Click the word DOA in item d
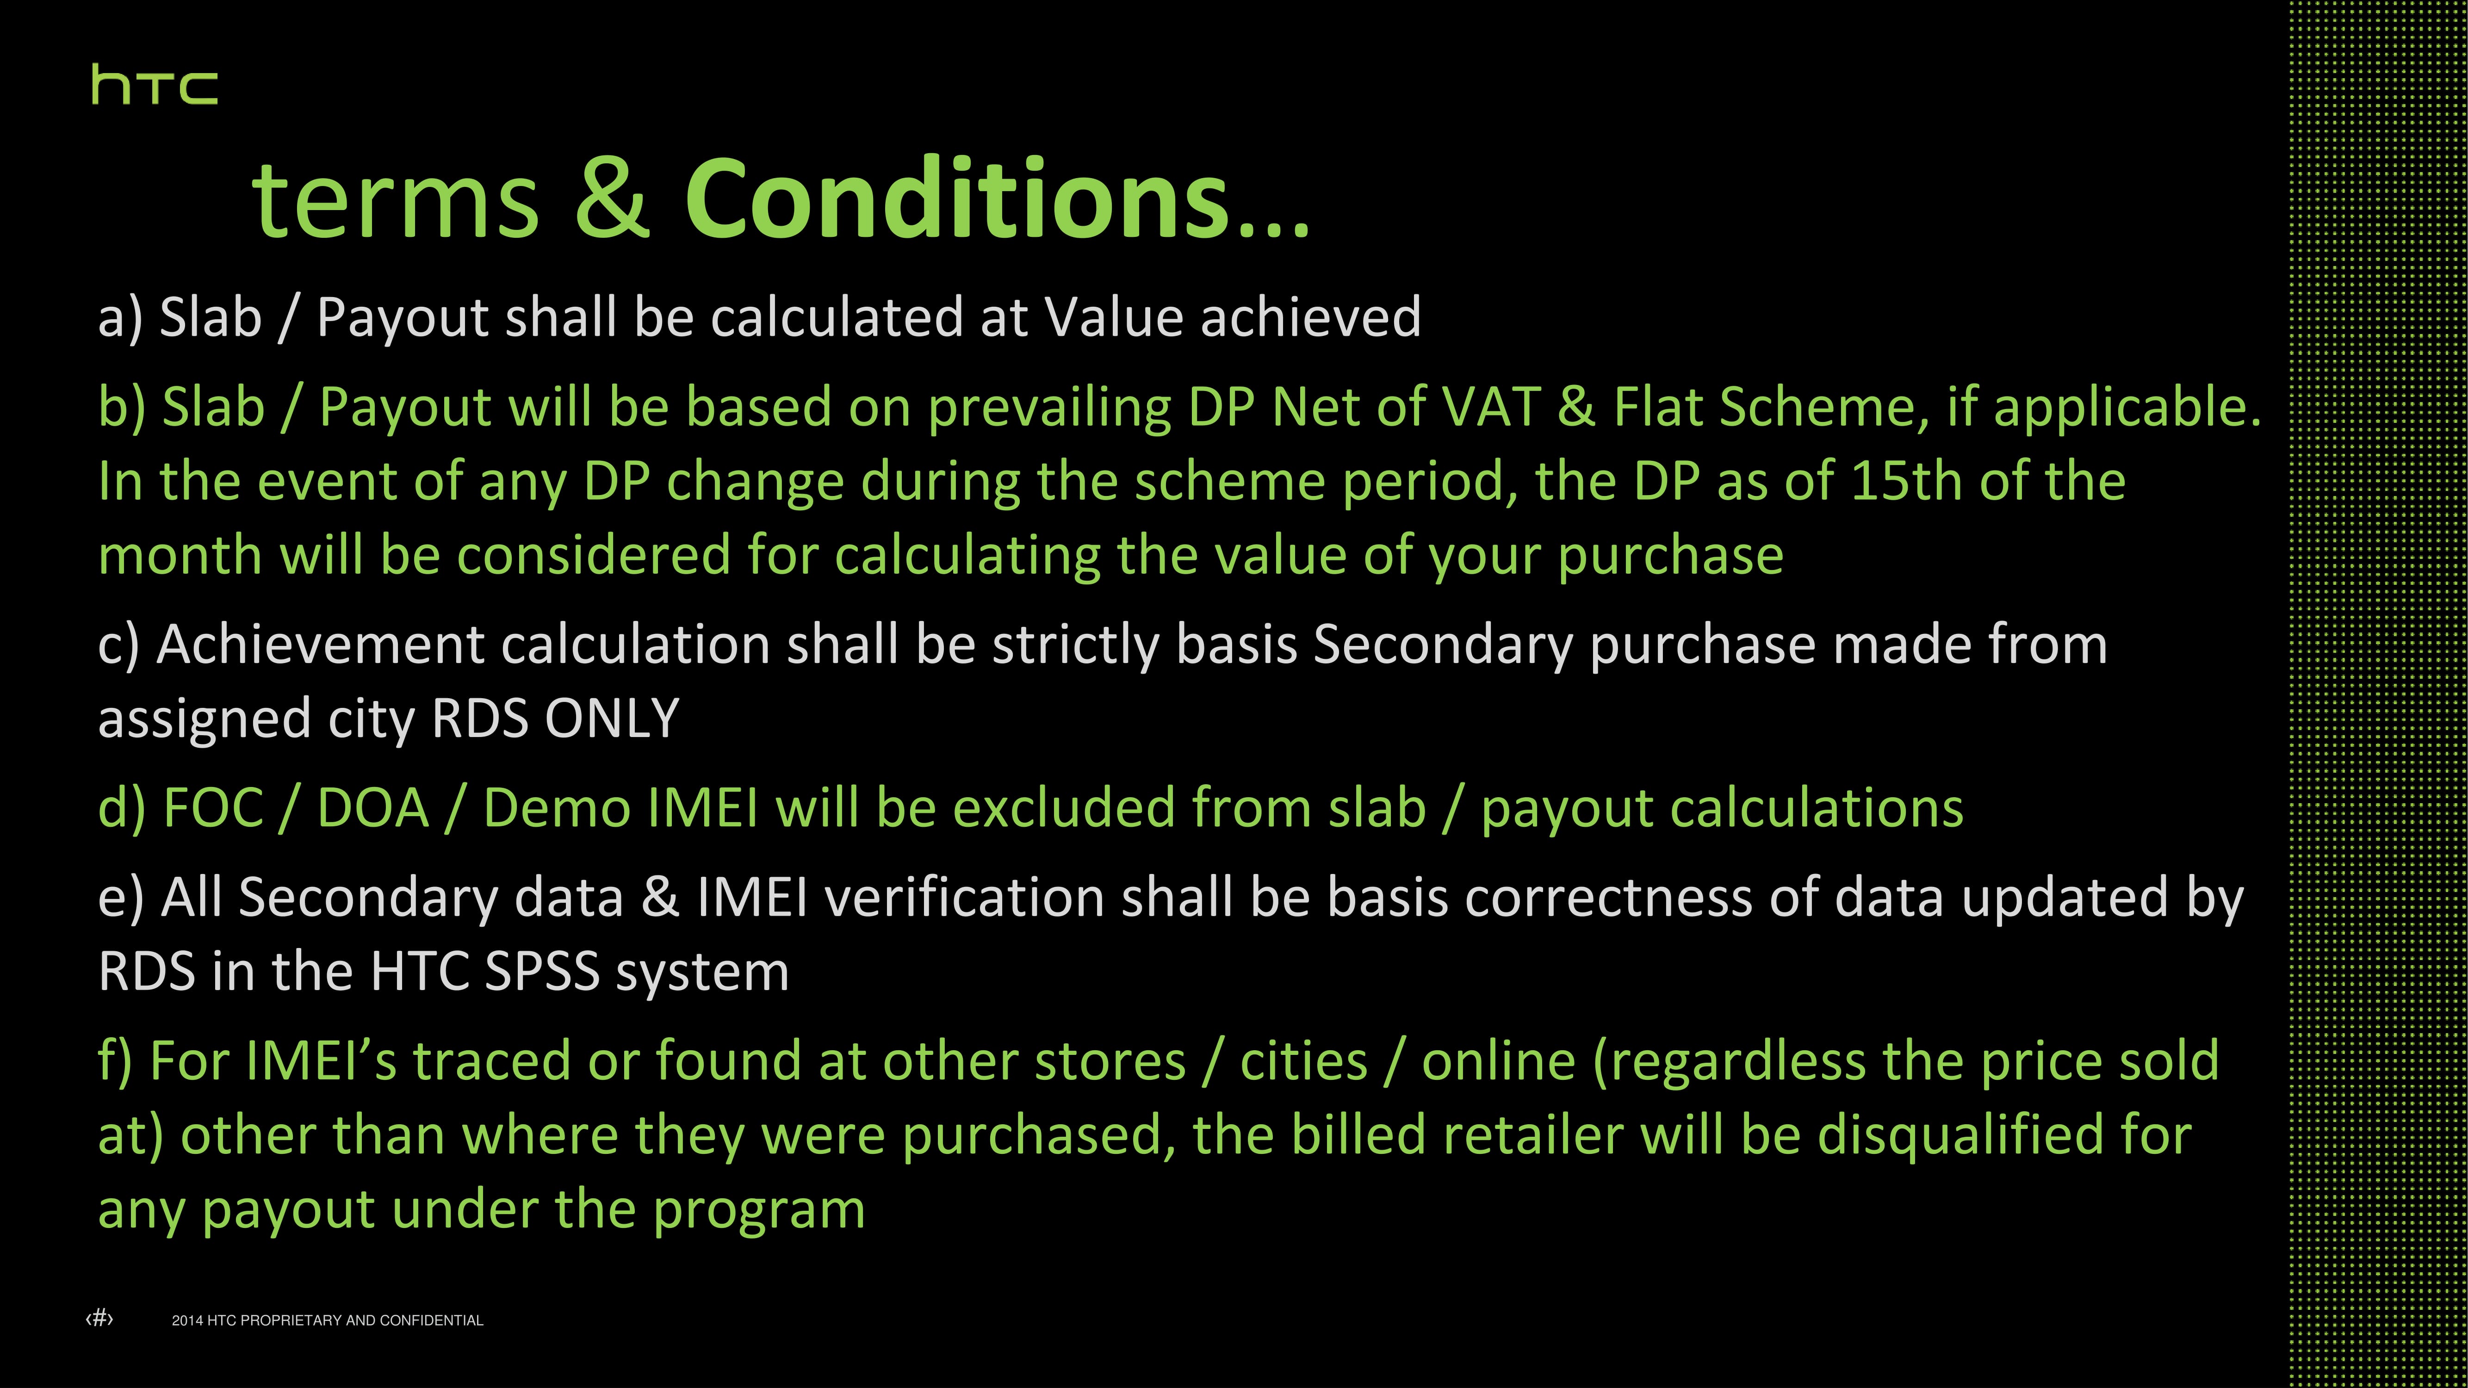[x=372, y=807]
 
